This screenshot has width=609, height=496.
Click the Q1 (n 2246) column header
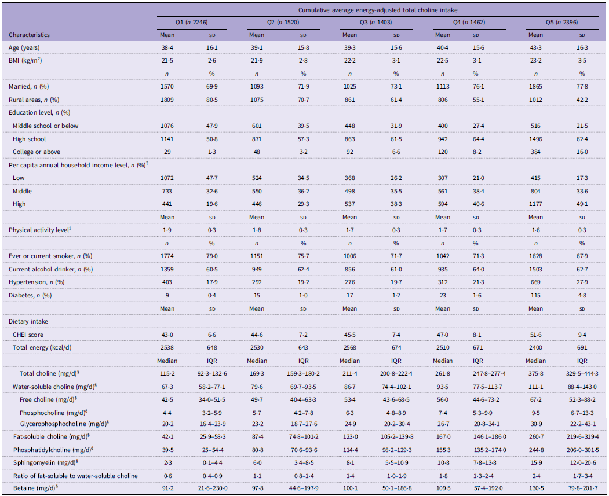(191, 23)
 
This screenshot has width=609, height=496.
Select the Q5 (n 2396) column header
(561, 23)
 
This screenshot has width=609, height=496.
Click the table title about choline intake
(378, 10)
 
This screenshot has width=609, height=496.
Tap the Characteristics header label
(29, 35)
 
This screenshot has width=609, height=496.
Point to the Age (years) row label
(24, 47)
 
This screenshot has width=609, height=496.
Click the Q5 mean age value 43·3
(535, 47)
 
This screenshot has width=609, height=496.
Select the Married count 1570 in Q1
(167, 86)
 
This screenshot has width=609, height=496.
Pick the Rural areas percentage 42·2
(582, 100)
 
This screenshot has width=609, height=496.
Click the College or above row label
(36, 152)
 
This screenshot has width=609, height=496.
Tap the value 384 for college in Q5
(535, 152)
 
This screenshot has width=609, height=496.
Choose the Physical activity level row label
(39, 230)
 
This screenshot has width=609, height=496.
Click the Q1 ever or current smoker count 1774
(167, 256)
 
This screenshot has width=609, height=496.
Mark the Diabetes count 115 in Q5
(535, 296)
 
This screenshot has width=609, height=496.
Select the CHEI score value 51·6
(535, 335)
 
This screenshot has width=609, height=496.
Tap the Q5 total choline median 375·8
(535, 373)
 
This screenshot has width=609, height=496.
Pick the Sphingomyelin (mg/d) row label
(46, 462)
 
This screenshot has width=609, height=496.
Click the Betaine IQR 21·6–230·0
(212, 488)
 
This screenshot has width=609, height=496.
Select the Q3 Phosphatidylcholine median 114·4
(349, 450)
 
